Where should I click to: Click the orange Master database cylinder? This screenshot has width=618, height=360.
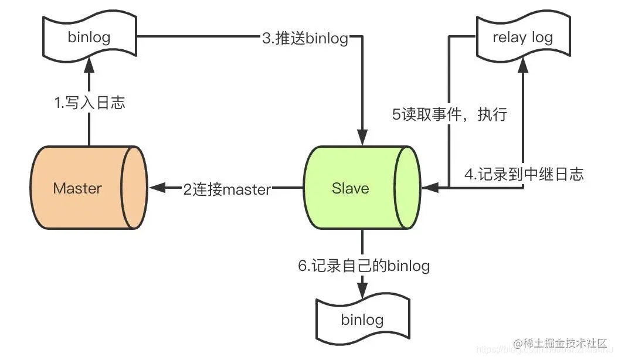point(88,188)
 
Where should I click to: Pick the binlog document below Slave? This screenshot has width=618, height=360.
point(362,319)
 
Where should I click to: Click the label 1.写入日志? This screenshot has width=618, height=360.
point(90,104)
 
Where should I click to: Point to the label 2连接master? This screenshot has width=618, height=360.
point(227,189)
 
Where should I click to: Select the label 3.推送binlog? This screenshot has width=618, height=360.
point(304,39)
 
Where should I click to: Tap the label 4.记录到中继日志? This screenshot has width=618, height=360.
point(524,174)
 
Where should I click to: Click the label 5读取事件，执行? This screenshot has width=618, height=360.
point(449,114)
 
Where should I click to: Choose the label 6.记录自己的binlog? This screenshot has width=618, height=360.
point(364,266)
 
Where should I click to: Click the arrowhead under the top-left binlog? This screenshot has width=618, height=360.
point(89,66)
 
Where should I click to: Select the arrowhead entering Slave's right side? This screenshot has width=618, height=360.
point(429,188)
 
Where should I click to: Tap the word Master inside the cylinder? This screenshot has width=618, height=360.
point(77,188)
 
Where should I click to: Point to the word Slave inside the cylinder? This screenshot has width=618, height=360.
point(350,188)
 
